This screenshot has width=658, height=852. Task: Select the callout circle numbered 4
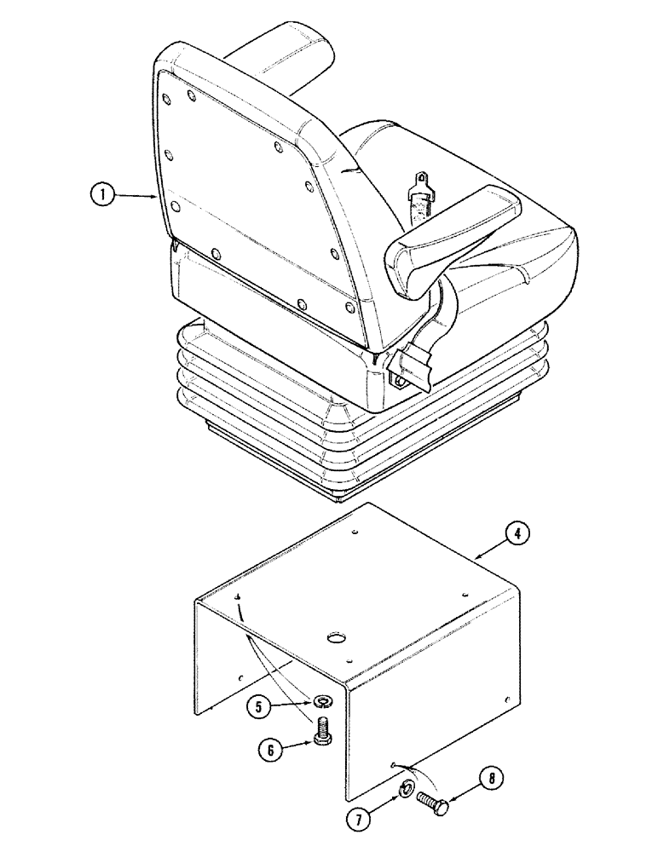[x=517, y=534]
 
